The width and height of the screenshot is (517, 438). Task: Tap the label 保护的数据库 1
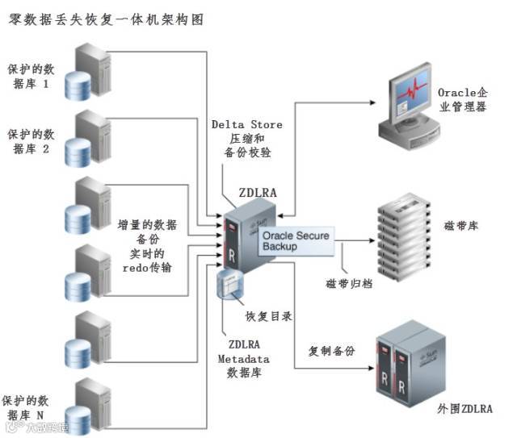[32, 74]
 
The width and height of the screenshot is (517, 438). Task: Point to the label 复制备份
[334, 352]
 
